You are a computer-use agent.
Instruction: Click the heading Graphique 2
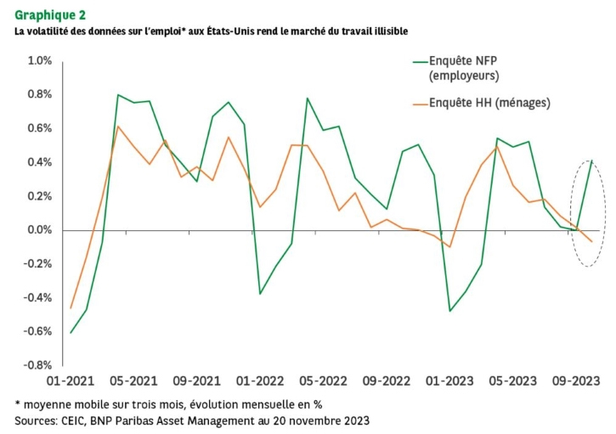[49, 14]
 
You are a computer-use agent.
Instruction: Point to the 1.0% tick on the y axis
[40, 61]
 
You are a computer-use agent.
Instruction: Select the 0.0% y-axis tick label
[40, 230]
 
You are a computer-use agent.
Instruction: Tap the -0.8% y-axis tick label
[38, 365]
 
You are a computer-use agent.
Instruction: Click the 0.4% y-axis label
[40, 162]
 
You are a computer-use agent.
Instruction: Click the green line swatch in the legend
[417, 61]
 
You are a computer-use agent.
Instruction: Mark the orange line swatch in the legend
[417, 104]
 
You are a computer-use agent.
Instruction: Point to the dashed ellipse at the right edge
[586, 213]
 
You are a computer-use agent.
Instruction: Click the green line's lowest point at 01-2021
[71, 332]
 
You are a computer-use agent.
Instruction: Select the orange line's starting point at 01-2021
[71, 307]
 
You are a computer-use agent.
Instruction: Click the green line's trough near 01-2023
[449, 311]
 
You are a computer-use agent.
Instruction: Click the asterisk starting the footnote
[18, 403]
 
